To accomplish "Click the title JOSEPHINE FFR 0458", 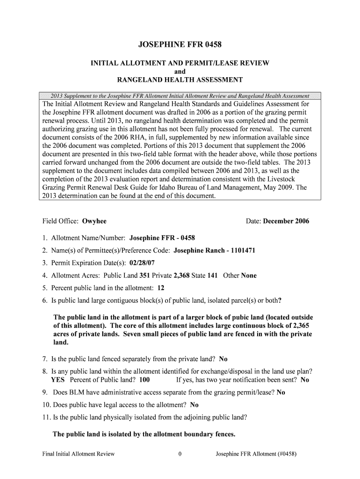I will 180,45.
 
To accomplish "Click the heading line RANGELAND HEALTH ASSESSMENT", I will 180,80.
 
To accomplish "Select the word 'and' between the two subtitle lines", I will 180,72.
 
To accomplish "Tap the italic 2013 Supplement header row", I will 180,96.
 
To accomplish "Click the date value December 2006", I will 286,221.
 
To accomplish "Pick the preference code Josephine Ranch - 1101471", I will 214,250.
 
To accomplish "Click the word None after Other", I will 249,276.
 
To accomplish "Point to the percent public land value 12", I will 160,288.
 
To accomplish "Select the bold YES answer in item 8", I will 58,380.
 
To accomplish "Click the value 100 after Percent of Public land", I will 144,380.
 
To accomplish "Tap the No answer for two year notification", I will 305,380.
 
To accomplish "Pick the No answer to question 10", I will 194,405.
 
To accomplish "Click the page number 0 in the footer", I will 180,454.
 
